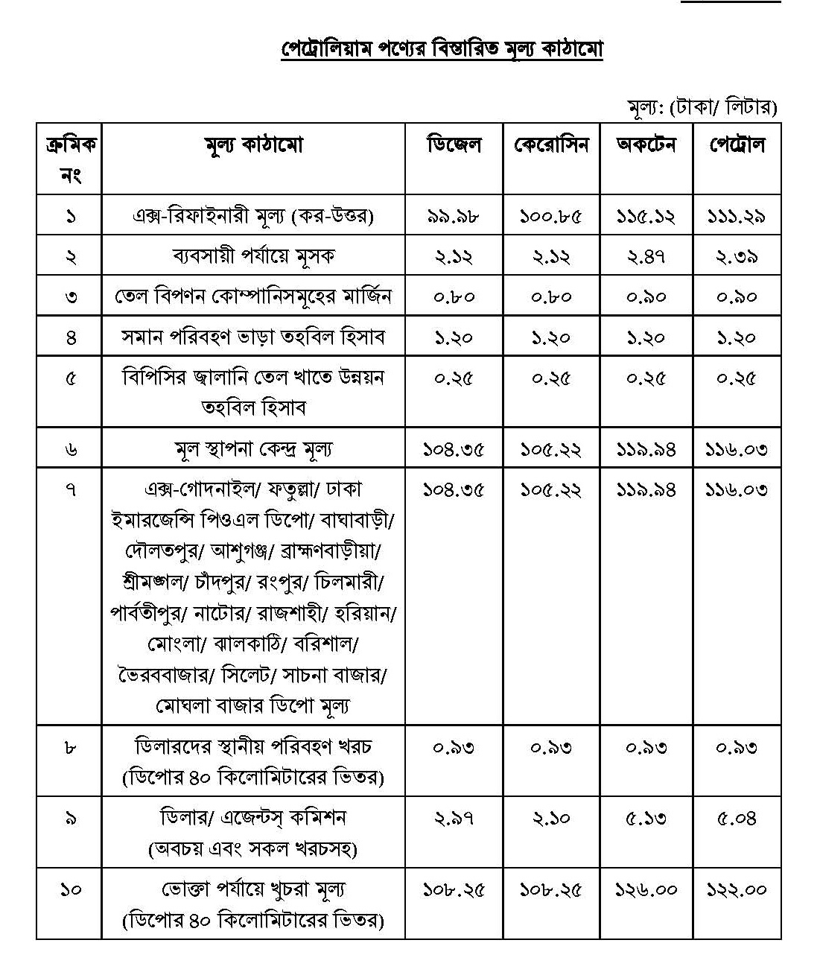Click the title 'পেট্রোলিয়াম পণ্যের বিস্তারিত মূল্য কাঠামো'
click(x=442, y=49)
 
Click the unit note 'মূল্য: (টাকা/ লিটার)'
click(x=702, y=107)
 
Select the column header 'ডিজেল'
click(x=454, y=145)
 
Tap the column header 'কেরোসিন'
click(x=551, y=145)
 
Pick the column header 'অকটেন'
click(x=646, y=145)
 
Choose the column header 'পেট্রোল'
click(x=737, y=145)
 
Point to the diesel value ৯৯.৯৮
click(x=454, y=217)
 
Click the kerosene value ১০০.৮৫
click(x=551, y=217)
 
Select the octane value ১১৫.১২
click(x=646, y=217)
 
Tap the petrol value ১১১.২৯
click(x=737, y=217)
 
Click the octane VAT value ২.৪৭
click(x=646, y=257)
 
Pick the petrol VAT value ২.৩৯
click(x=737, y=257)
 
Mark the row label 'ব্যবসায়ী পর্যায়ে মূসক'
click(x=253, y=257)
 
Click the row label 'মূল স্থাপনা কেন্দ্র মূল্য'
click(x=253, y=449)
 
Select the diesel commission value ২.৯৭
click(x=454, y=819)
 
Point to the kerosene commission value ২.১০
click(x=551, y=819)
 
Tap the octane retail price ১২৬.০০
click(x=646, y=890)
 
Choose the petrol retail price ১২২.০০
click(x=737, y=890)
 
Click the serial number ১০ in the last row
click(x=70, y=889)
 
